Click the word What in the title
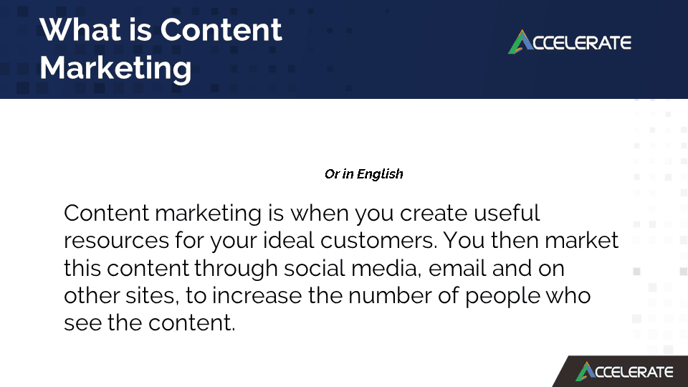tap(80, 30)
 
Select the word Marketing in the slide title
tap(115, 69)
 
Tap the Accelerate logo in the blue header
tap(570, 42)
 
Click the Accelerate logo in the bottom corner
tap(624, 372)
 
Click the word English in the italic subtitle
tap(380, 174)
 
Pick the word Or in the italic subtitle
tap(332, 174)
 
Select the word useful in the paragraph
tap(507, 214)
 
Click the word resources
tap(116, 241)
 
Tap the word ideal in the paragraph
tap(289, 241)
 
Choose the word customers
tap(378, 241)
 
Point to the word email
tap(457, 268)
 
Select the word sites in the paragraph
tap(152, 296)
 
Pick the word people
tap(502, 297)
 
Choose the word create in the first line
tap(433, 214)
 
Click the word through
tap(236, 269)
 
